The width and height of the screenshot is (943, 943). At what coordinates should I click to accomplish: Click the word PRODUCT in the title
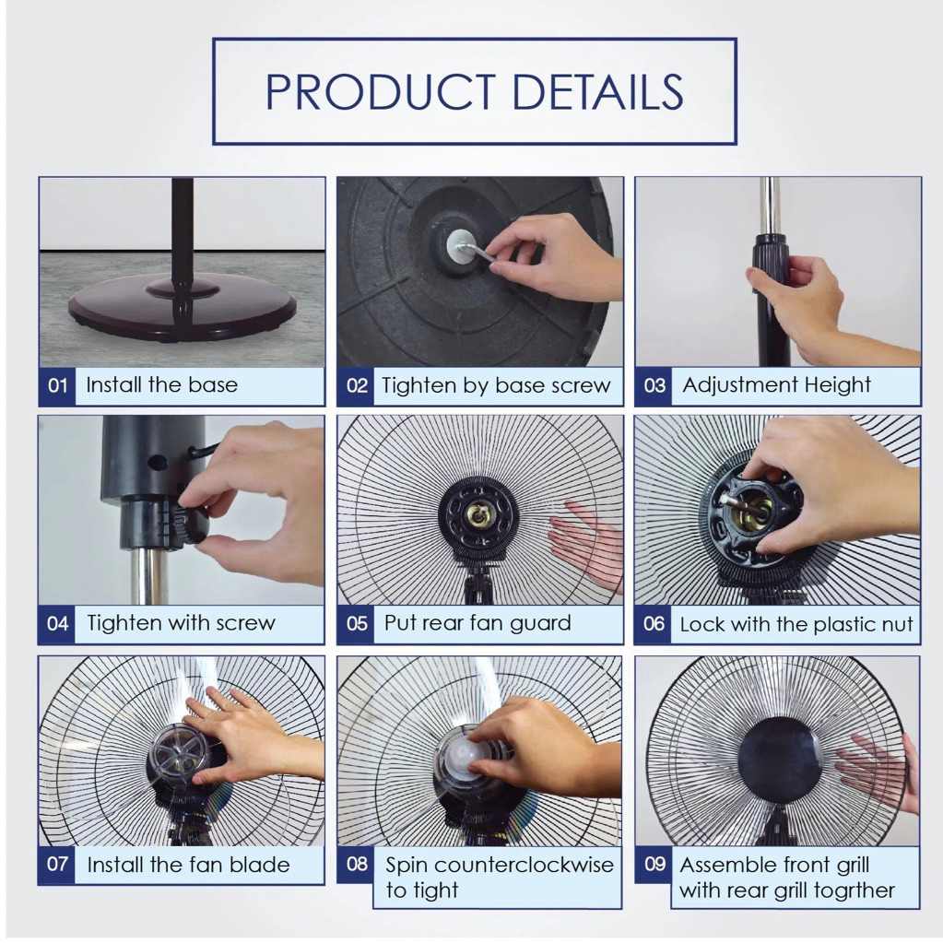[x=381, y=92]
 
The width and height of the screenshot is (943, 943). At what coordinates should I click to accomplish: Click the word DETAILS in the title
[x=598, y=92]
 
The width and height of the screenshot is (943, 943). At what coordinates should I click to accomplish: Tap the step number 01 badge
[x=58, y=385]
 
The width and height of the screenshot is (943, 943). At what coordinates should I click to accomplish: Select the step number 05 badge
[x=357, y=624]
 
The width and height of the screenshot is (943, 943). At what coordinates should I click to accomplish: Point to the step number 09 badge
[x=654, y=865]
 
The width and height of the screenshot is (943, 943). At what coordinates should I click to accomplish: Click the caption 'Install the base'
[x=162, y=384]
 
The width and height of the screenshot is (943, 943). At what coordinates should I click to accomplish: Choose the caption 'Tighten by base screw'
[x=496, y=385]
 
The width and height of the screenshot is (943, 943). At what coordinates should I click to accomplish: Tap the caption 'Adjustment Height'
[x=776, y=385]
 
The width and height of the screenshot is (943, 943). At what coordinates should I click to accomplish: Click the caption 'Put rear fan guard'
[x=477, y=623]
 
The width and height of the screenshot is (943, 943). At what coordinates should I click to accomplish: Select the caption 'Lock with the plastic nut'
[x=796, y=624]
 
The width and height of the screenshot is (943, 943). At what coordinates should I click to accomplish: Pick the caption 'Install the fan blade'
[x=188, y=865]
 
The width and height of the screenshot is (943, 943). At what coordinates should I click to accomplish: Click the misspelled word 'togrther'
[x=848, y=890]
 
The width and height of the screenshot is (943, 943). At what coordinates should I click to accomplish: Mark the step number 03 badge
[x=654, y=385]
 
